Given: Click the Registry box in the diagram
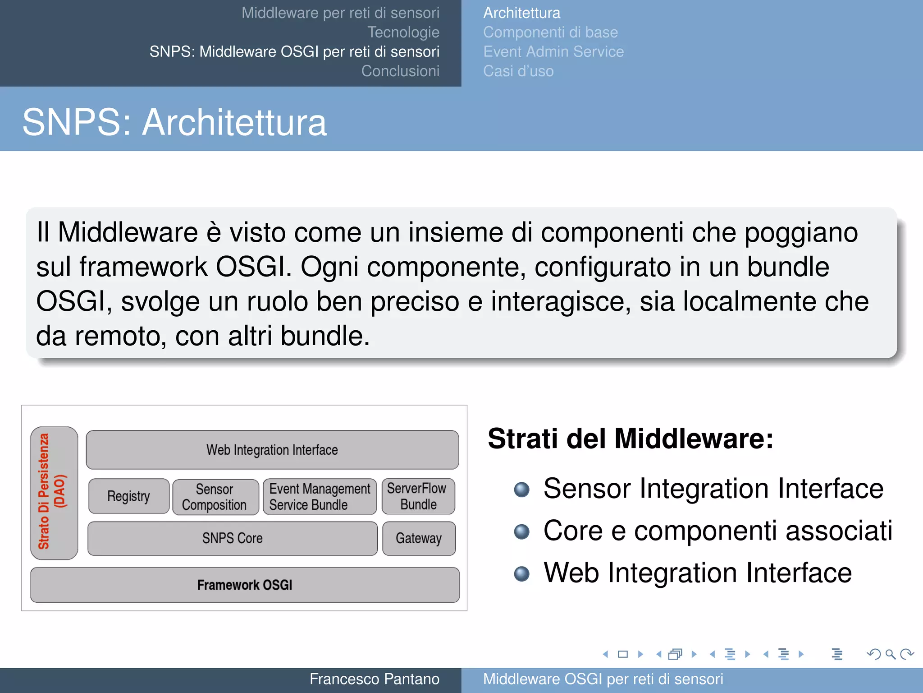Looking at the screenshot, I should [129, 496].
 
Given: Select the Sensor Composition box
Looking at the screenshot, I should [215, 497].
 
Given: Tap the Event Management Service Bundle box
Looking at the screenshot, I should [320, 497].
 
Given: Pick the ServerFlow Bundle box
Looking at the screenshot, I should [418, 496].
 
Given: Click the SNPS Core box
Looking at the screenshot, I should [232, 538].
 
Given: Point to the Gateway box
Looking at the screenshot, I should [419, 538].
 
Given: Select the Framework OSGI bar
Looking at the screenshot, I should [245, 585].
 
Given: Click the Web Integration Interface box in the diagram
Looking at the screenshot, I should [272, 450].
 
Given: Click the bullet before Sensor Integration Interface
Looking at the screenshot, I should [522, 490].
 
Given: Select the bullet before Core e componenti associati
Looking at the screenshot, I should [522, 531].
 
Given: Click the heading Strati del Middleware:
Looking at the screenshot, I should [631, 439].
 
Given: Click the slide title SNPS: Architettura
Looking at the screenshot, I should [174, 122].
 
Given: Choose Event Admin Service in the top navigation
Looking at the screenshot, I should [553, 52].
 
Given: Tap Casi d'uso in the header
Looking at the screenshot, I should [518, 71].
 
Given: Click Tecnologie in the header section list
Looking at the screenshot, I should [403, 32].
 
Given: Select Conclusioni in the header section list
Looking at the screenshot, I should [400, 71].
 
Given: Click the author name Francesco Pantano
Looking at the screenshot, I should [374, 679].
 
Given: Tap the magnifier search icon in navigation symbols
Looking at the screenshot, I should [890, 654].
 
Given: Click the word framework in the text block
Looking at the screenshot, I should [143, 267].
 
